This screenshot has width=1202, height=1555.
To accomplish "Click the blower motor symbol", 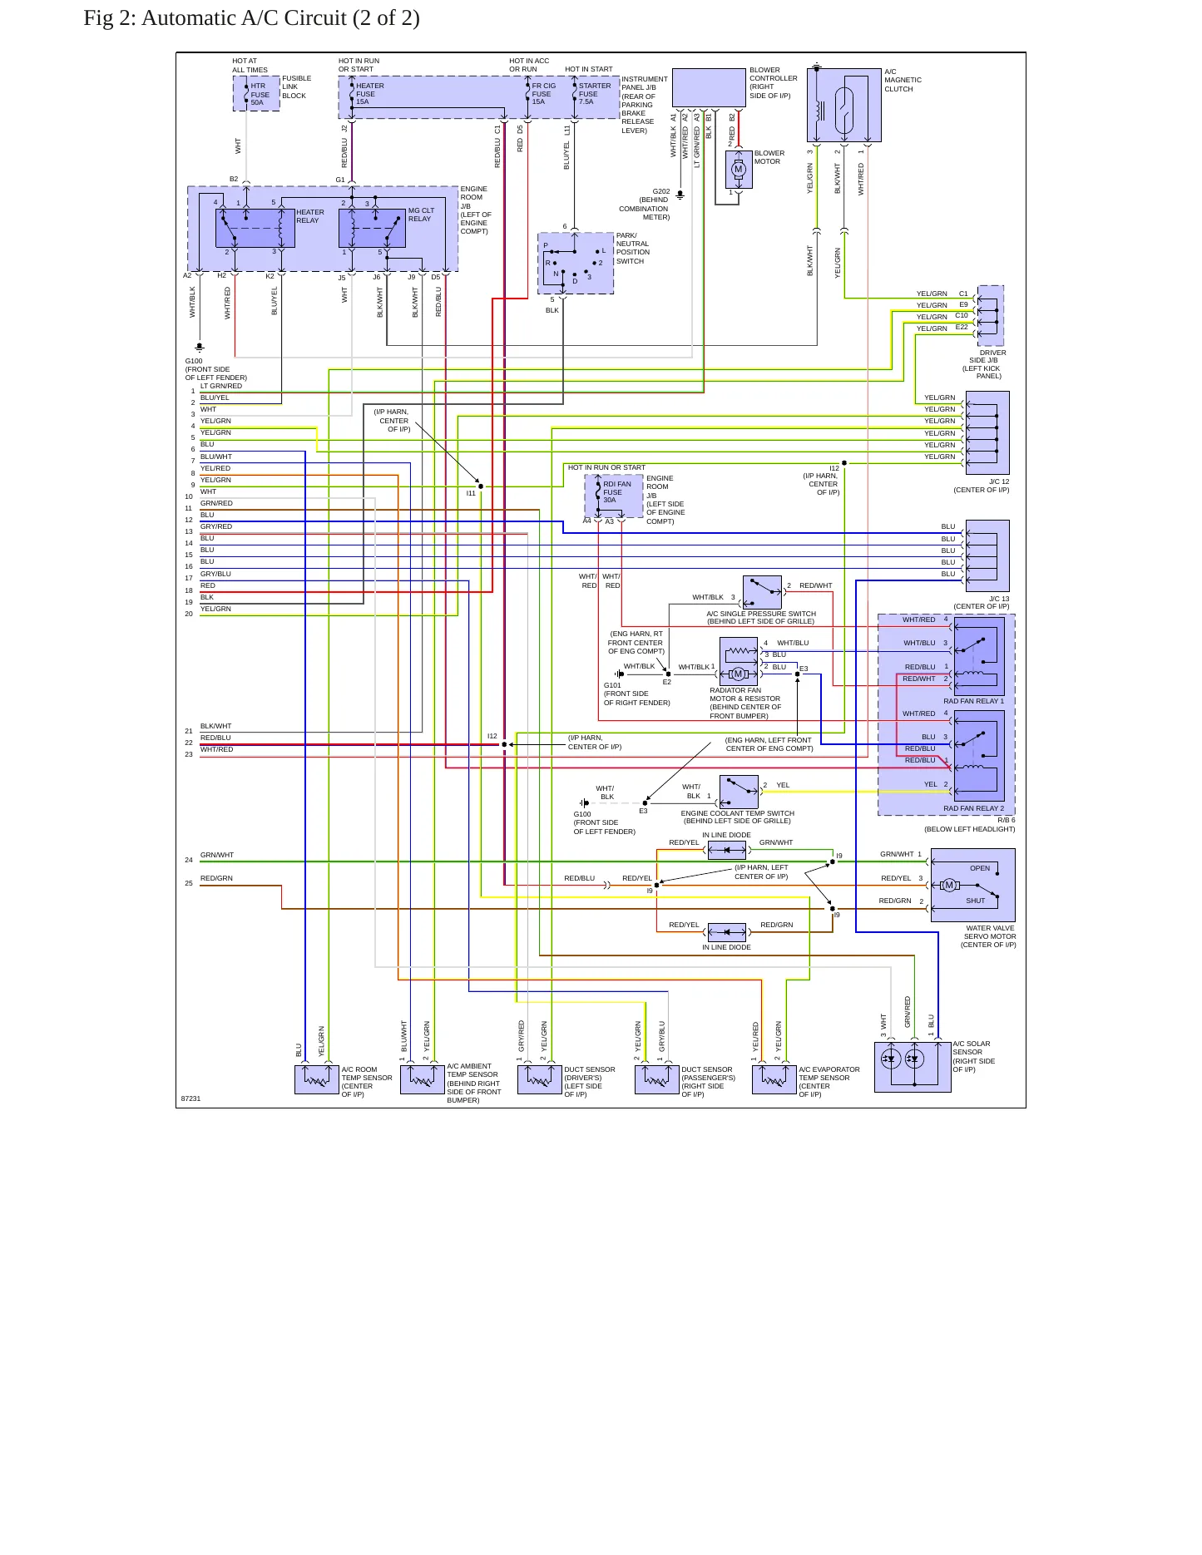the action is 739,170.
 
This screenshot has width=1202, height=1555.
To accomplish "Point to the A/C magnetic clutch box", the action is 843,105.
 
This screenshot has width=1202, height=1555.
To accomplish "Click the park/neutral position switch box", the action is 576,263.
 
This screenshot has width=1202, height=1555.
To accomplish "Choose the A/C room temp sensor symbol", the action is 317,1079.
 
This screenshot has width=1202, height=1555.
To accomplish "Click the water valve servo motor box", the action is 972,885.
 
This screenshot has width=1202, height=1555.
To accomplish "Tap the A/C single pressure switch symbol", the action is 762,592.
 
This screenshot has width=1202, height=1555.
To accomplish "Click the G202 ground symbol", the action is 680,195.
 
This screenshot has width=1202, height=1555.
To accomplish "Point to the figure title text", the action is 251,18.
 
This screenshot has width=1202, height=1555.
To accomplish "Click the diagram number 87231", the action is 190,1098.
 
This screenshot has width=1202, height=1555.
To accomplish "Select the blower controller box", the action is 709,88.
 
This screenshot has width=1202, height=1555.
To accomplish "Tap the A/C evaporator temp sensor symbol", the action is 774,1079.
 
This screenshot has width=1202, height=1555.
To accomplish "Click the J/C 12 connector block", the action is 987,432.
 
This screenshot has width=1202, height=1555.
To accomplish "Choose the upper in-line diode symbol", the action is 727,850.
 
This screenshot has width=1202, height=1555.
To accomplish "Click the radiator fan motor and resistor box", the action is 739,661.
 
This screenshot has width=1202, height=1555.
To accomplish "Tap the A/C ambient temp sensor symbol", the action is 423,1079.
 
